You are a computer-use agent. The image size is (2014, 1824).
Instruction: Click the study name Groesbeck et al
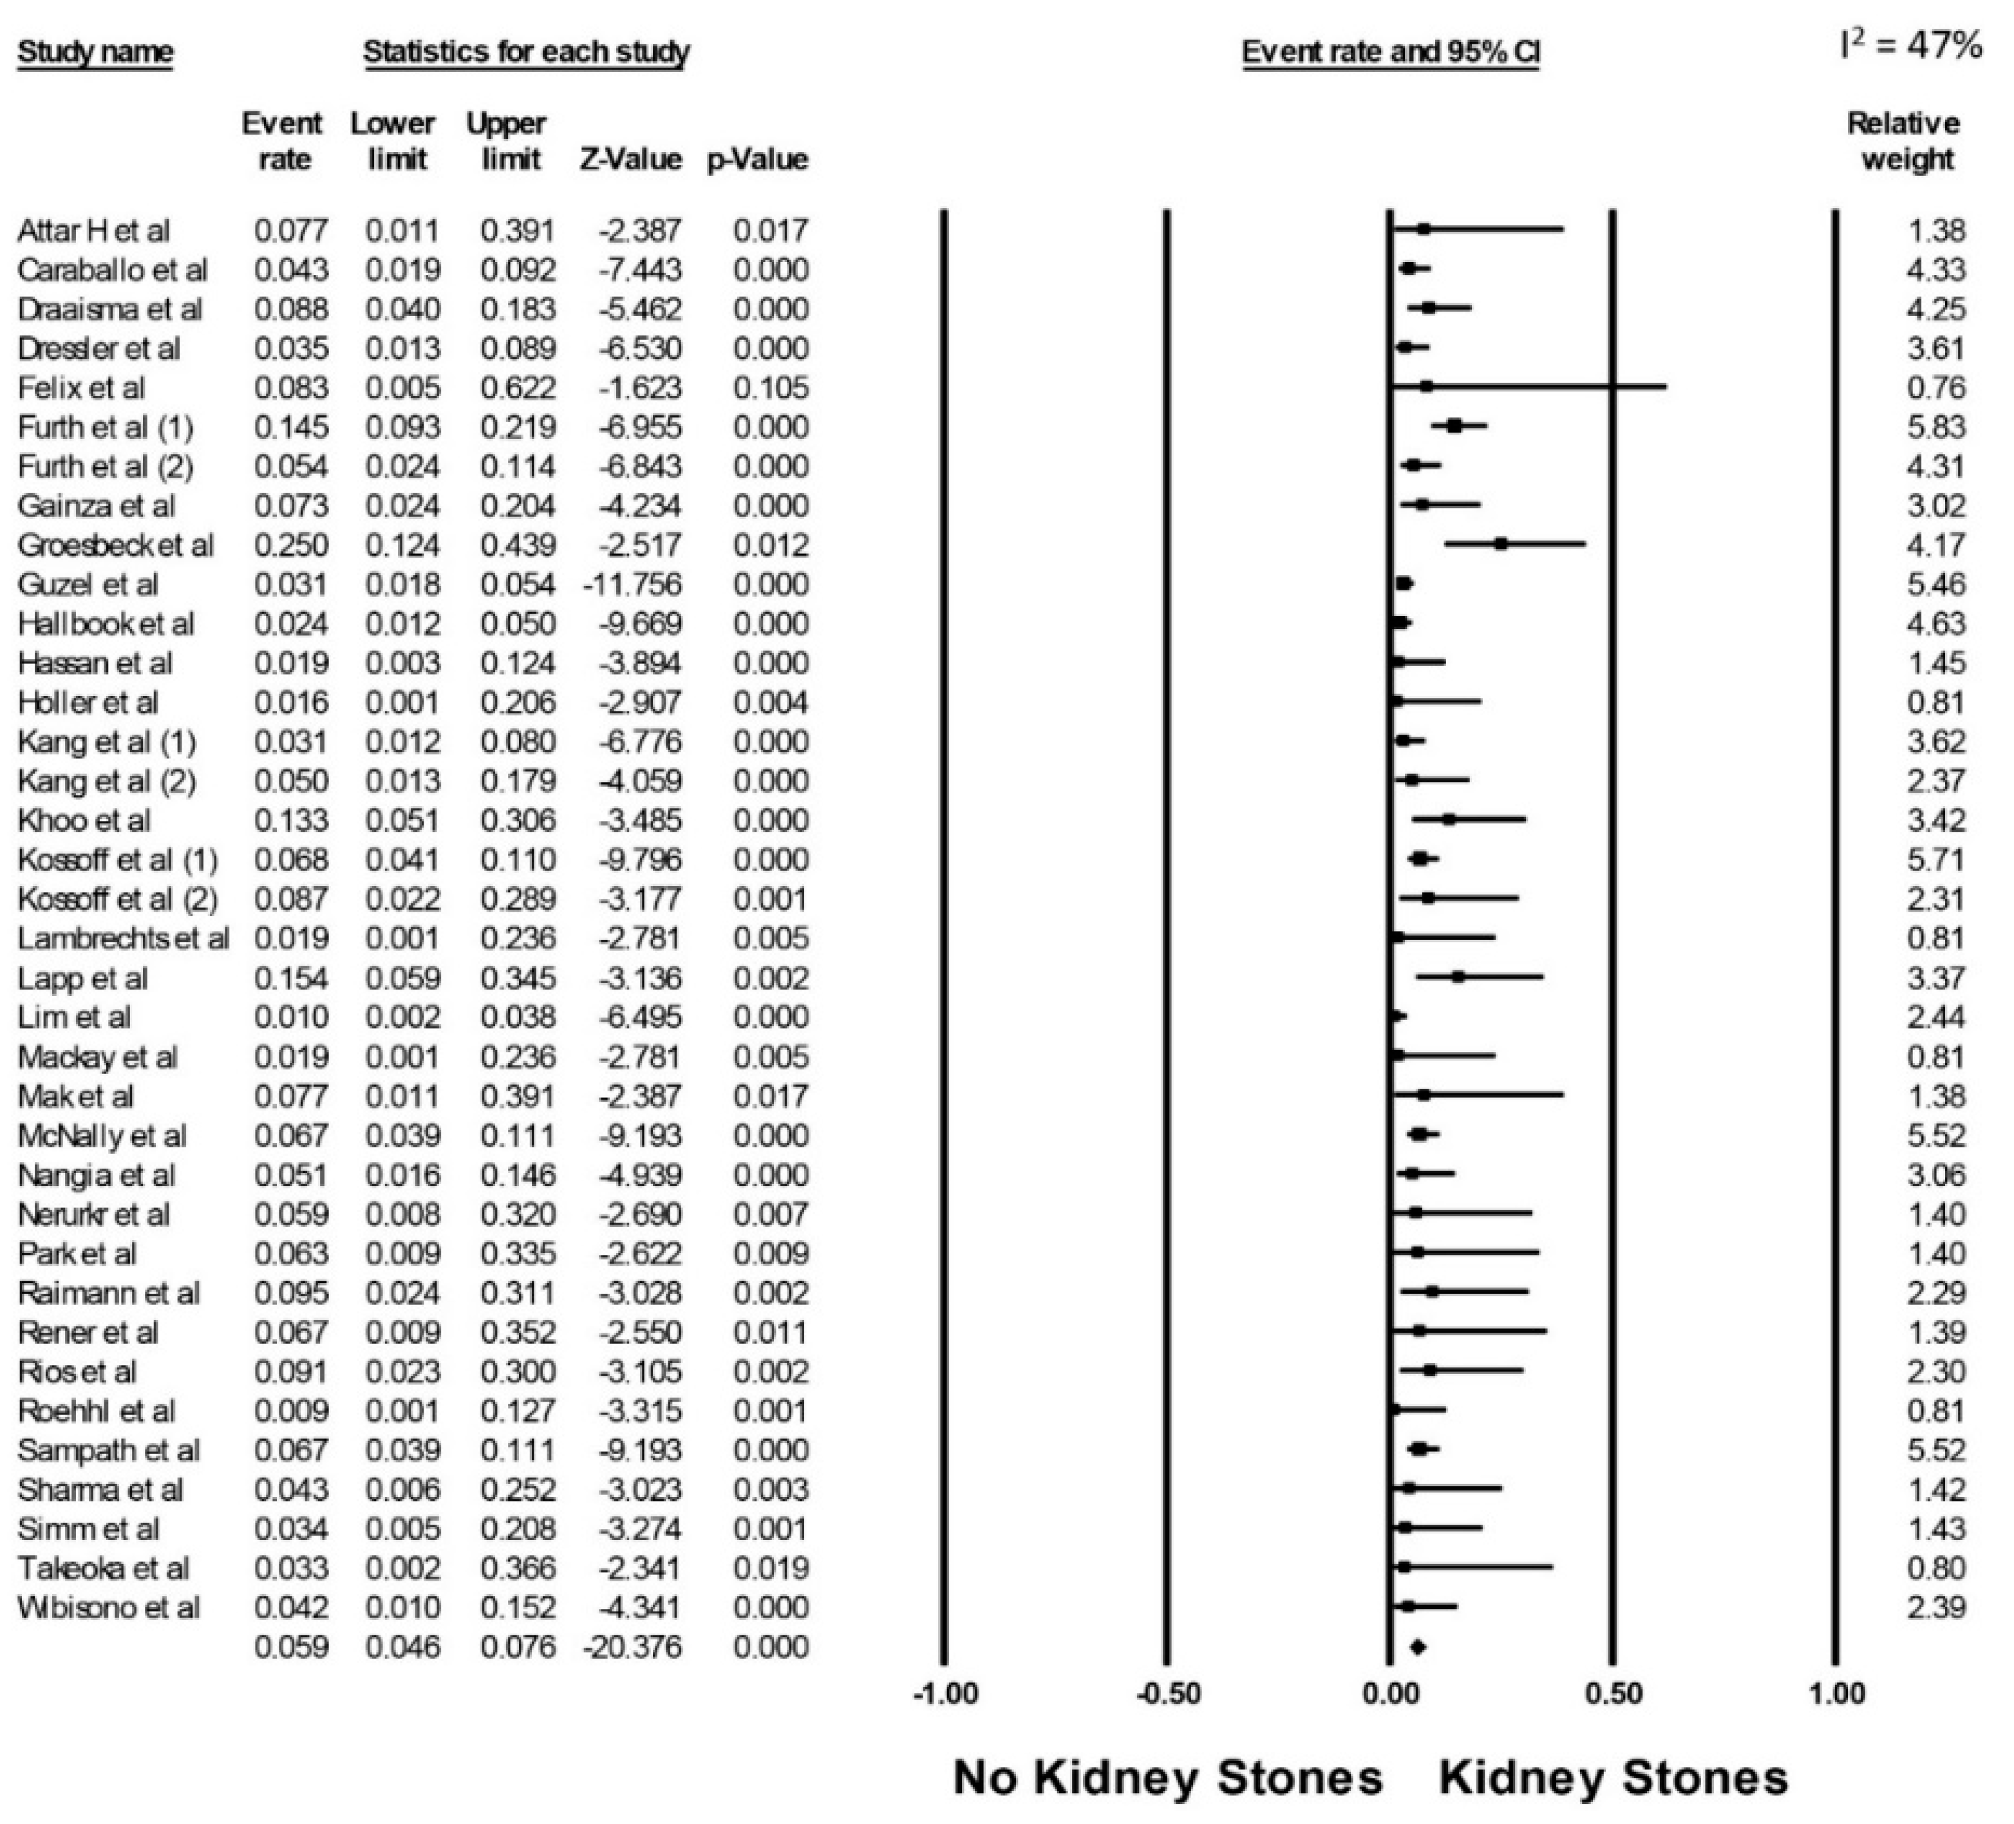pyautogui.click(x=115, y=545)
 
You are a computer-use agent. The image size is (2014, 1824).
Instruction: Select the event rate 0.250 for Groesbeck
pyautogui.click(x=291, y=545)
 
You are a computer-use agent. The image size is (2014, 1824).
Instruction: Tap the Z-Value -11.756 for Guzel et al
pyautogui.click(x=632, y=585)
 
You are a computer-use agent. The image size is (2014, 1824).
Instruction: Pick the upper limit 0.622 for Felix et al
pyautogui.click(x=518, y=388)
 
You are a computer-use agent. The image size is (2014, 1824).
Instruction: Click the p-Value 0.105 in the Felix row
pyautogui.click(x=770, y=388)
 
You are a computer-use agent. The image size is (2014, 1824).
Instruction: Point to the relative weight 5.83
pyautogui.click(x=1935, y=428)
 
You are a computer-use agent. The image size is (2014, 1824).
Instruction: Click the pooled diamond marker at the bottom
pyautogui.click(x=1416, y=1647)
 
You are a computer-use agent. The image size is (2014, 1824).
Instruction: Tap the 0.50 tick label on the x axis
pyautogui.click(x=1612, y=1694)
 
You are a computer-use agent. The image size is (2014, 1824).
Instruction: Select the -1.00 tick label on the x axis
pyautogui.click(x=946, y=1694)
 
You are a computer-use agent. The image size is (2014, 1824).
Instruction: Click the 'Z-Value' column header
pyautogui.click(x=630, y=160)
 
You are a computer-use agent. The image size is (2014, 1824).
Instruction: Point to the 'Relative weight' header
pyautogui.click(x=1904, y=141)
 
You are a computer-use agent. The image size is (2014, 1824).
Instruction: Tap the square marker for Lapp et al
pyautogui.click(x=1458, y=977)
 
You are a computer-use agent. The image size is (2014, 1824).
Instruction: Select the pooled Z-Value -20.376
pyautogui.click(x=632, y=1647)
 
